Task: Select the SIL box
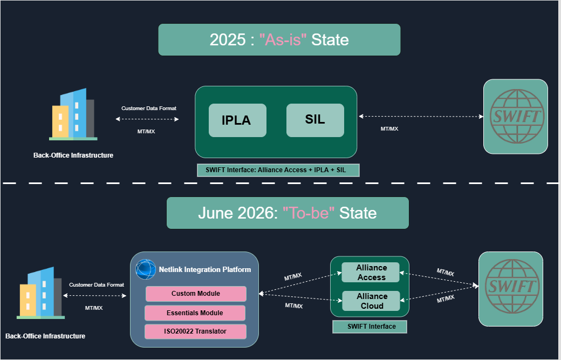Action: pos(315,120)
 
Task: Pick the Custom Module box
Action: pos(196,294)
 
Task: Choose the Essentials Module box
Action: pos(195,313)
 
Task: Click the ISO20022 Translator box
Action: pos(195,331)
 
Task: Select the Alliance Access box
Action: pos(371,273)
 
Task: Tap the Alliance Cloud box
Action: pos(371,301)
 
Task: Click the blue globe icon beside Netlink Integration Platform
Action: pos(146,269)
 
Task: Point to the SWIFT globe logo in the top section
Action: pos(515,117)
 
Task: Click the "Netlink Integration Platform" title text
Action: pos(204,269)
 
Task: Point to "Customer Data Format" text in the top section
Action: pos(149,108)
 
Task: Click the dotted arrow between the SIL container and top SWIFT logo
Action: pos(421,117)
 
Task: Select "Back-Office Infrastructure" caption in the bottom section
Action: pos(45,336)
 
